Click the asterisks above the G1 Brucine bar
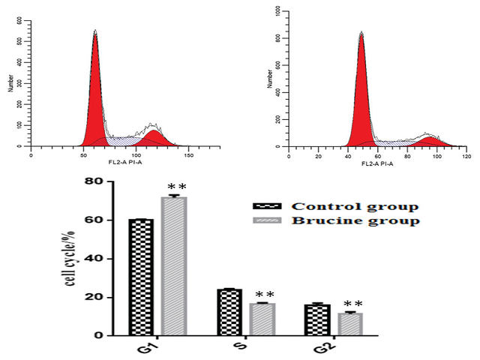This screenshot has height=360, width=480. pos(177,187)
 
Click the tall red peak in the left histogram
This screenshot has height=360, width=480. pos(95,90)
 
